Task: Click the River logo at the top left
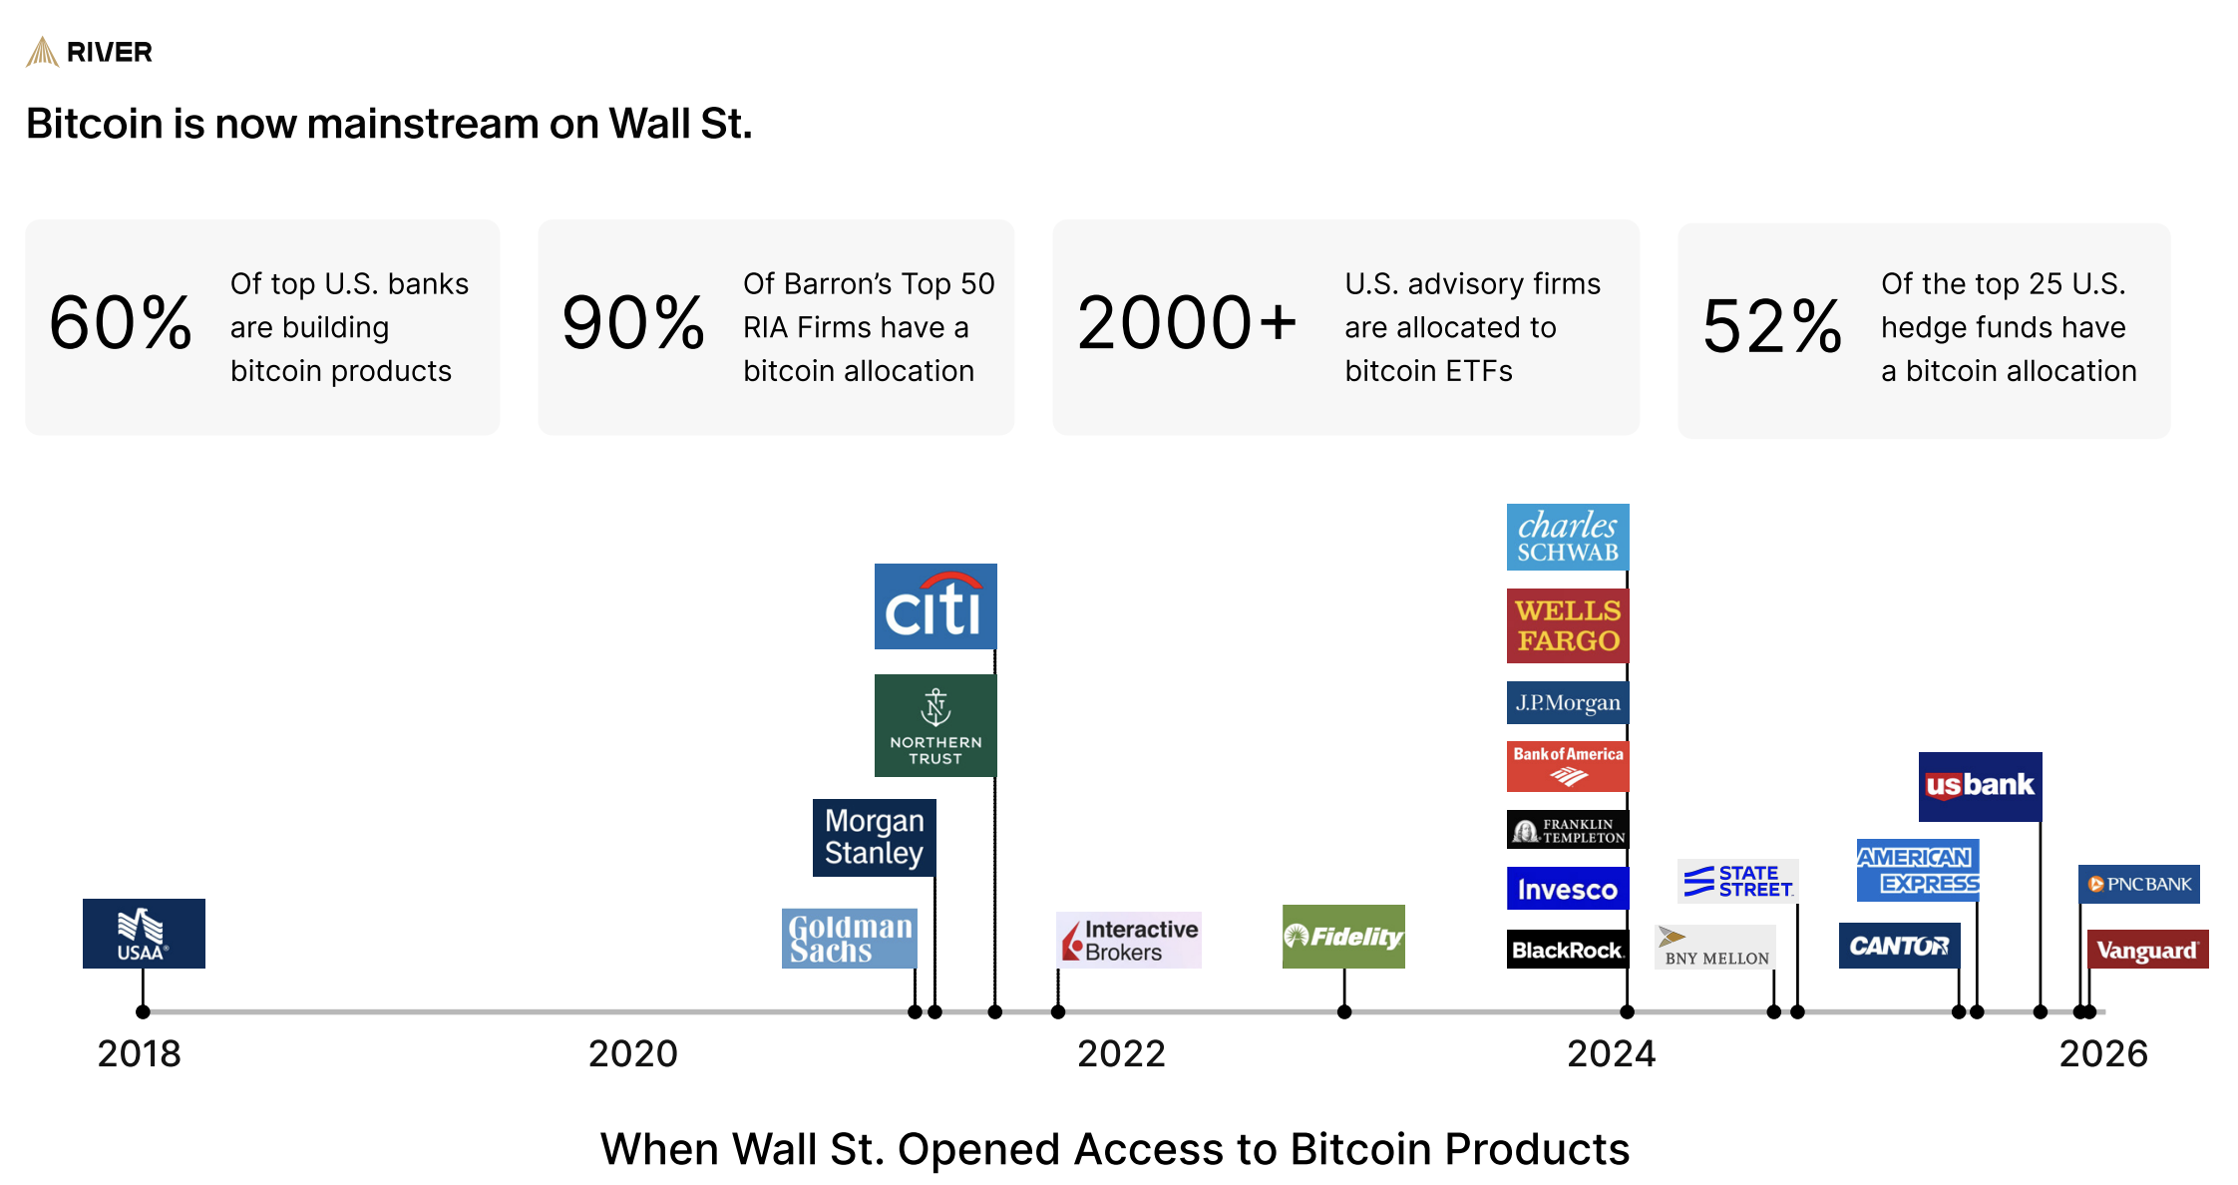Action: pos(90,52)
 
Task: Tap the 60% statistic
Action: pos(121,323)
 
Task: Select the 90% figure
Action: pos(633,323)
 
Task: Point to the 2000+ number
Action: pos(1187,323)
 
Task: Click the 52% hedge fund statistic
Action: pos(1772,327)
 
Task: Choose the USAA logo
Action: pos(144,934)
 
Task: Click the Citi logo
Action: pos(935,606)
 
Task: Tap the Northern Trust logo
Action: pos(935,725)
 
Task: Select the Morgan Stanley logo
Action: pos(874,838)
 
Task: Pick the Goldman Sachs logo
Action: pos(850,939)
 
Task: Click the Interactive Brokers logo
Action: pos(1129,940)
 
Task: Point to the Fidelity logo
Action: pos(1343,937)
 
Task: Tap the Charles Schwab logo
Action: pos(1568,537)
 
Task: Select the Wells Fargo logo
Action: pos(1568,625)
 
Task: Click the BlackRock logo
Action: pos(1568,950)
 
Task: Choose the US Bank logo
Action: pos(1980,786)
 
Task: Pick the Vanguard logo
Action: pos(2147,950)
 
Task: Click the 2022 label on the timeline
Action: pos(1121,1053)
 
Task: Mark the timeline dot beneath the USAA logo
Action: pos(144,1011)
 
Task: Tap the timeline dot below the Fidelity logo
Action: pos(1344,1011)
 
